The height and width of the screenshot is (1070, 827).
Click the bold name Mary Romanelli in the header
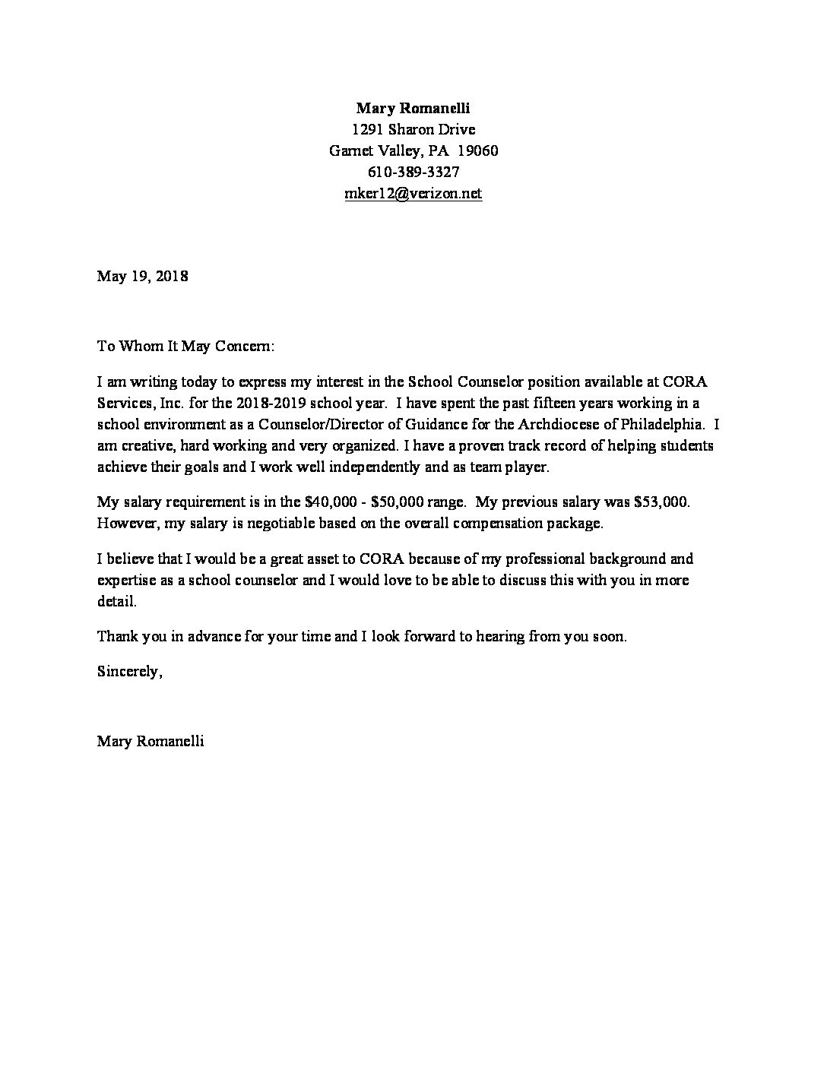click(413, 108)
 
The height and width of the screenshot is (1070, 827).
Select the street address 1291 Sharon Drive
click(413, 129)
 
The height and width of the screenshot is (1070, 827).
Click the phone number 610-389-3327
click(413, 172)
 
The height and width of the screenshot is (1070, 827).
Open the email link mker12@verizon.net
click(413, 194)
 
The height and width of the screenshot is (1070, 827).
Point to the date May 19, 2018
click(142, 276)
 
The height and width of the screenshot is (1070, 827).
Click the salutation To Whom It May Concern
click(185, 347)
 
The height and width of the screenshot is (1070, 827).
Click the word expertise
click(125, 580)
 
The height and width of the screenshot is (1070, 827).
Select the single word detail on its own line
click(116, 601)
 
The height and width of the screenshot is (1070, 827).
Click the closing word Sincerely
click(128, 672)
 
